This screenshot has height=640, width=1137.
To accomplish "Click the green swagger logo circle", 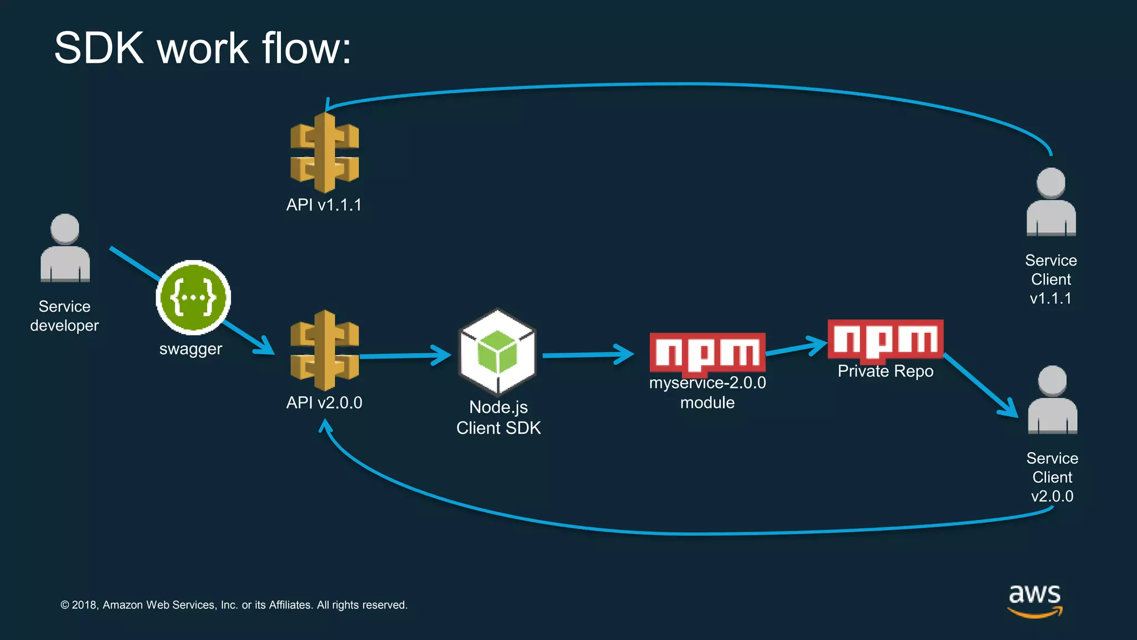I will coord(193,297).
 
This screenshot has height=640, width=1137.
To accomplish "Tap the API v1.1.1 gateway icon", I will coord(325,153).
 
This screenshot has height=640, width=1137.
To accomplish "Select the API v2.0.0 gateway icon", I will coord(325,351).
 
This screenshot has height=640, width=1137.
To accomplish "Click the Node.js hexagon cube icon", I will coord(497,352).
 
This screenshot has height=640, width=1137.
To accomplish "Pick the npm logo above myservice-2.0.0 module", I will coord(707,352).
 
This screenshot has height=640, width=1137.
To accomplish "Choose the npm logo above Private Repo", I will coord(885,339).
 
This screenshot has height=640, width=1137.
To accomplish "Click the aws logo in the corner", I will coord(1035,600).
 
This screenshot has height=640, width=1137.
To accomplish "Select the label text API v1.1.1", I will coord(324,205).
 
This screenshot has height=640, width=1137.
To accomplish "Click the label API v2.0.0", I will coord(324,403).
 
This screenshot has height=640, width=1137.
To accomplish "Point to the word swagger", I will coord(190,349).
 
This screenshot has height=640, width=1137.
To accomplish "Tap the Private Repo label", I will coord(885,371).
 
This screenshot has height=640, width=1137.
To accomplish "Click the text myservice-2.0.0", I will coord(707,383).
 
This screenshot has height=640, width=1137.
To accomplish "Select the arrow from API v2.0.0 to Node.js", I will coord(405,356).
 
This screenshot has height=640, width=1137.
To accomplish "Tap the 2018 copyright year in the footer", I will coord(84,605).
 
